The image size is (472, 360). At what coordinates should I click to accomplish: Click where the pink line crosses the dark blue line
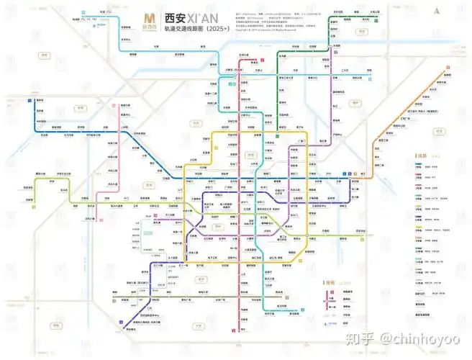[118, 134]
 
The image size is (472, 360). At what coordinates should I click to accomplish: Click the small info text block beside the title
[263, 20]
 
